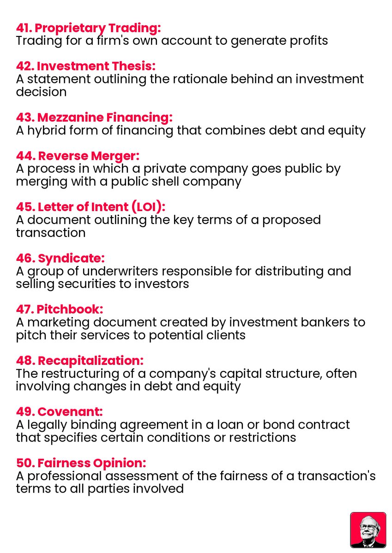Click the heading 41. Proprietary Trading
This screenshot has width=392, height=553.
tap(88, 28)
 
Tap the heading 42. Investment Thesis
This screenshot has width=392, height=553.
tap(86, 66)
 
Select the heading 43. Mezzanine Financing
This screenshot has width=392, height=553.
tap(94, 118)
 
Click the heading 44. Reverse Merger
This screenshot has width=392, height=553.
tap(78, 156)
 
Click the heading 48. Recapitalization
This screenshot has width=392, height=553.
tap(79, 360)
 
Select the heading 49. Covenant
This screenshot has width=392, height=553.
tap(59, 411)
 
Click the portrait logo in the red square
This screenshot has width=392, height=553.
tap(368, 530)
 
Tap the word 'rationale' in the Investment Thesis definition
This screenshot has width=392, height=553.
tap(198, 79)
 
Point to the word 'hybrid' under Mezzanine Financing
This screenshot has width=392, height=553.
tap(47, 130)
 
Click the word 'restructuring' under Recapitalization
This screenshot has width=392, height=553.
tap(87, 373)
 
